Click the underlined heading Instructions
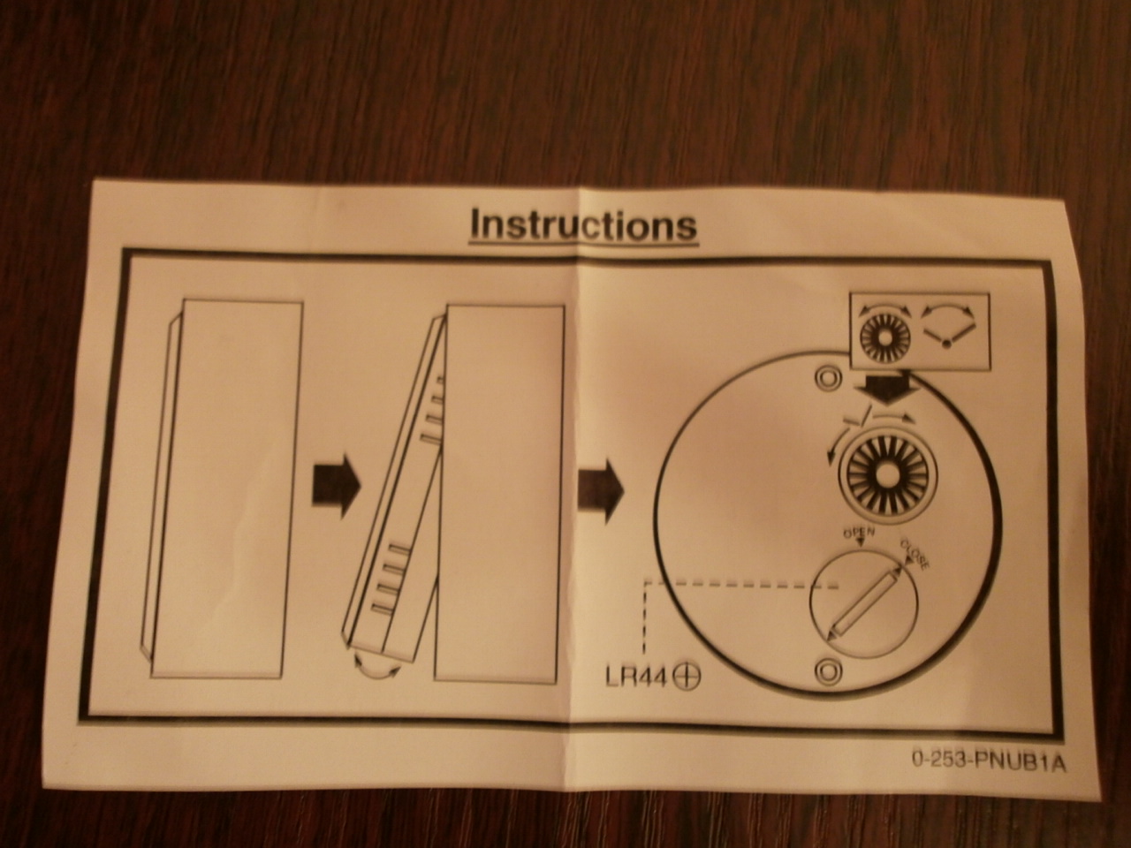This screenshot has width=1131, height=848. point(583,224)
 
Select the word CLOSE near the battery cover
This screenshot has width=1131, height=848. point(915,554)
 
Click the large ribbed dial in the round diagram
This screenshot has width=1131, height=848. point(887,476)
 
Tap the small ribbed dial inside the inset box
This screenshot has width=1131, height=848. point(885,338)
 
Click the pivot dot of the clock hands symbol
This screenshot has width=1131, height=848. point(946,344)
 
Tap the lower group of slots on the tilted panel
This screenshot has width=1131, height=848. point(391,581)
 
